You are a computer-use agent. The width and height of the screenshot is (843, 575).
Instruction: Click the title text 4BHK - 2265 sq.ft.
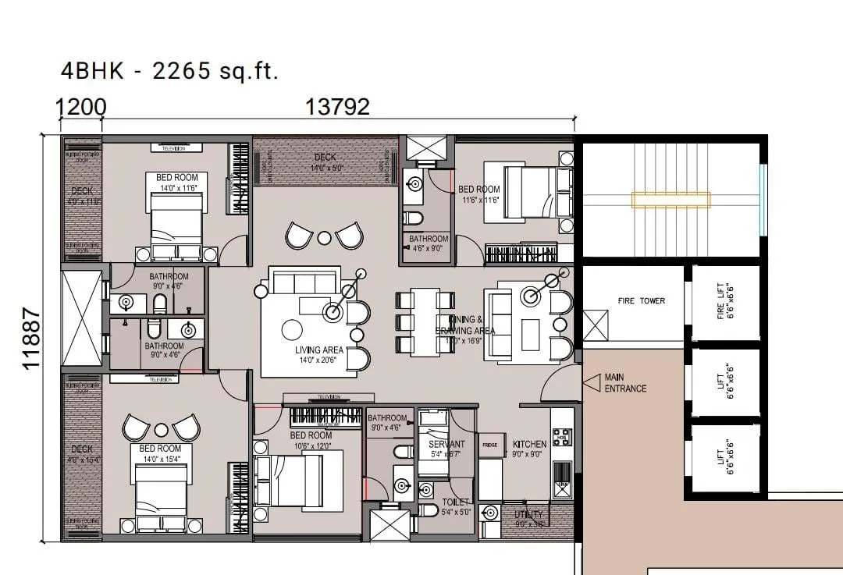[169, 71]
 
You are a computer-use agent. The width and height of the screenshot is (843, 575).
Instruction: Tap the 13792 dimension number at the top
[337, 107]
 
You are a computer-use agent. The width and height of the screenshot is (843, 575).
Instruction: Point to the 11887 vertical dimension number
[32, 337]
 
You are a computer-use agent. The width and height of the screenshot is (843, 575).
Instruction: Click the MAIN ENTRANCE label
[625, 383]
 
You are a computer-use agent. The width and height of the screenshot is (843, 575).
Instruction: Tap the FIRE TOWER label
[641, 301]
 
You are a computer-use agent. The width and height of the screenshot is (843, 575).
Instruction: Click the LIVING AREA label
[319, 355]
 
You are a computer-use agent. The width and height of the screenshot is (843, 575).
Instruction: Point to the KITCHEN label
[529, 445]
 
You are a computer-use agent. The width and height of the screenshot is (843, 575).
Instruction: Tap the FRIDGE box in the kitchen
[489, 445]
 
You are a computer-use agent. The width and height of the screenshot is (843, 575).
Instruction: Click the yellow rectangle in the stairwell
[671, 200]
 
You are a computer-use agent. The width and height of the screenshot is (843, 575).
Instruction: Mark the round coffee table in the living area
[292, 330]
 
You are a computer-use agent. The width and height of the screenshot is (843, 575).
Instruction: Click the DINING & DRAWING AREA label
[466, 325]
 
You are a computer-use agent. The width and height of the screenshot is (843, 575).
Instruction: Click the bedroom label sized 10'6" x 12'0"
[311, 440]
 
